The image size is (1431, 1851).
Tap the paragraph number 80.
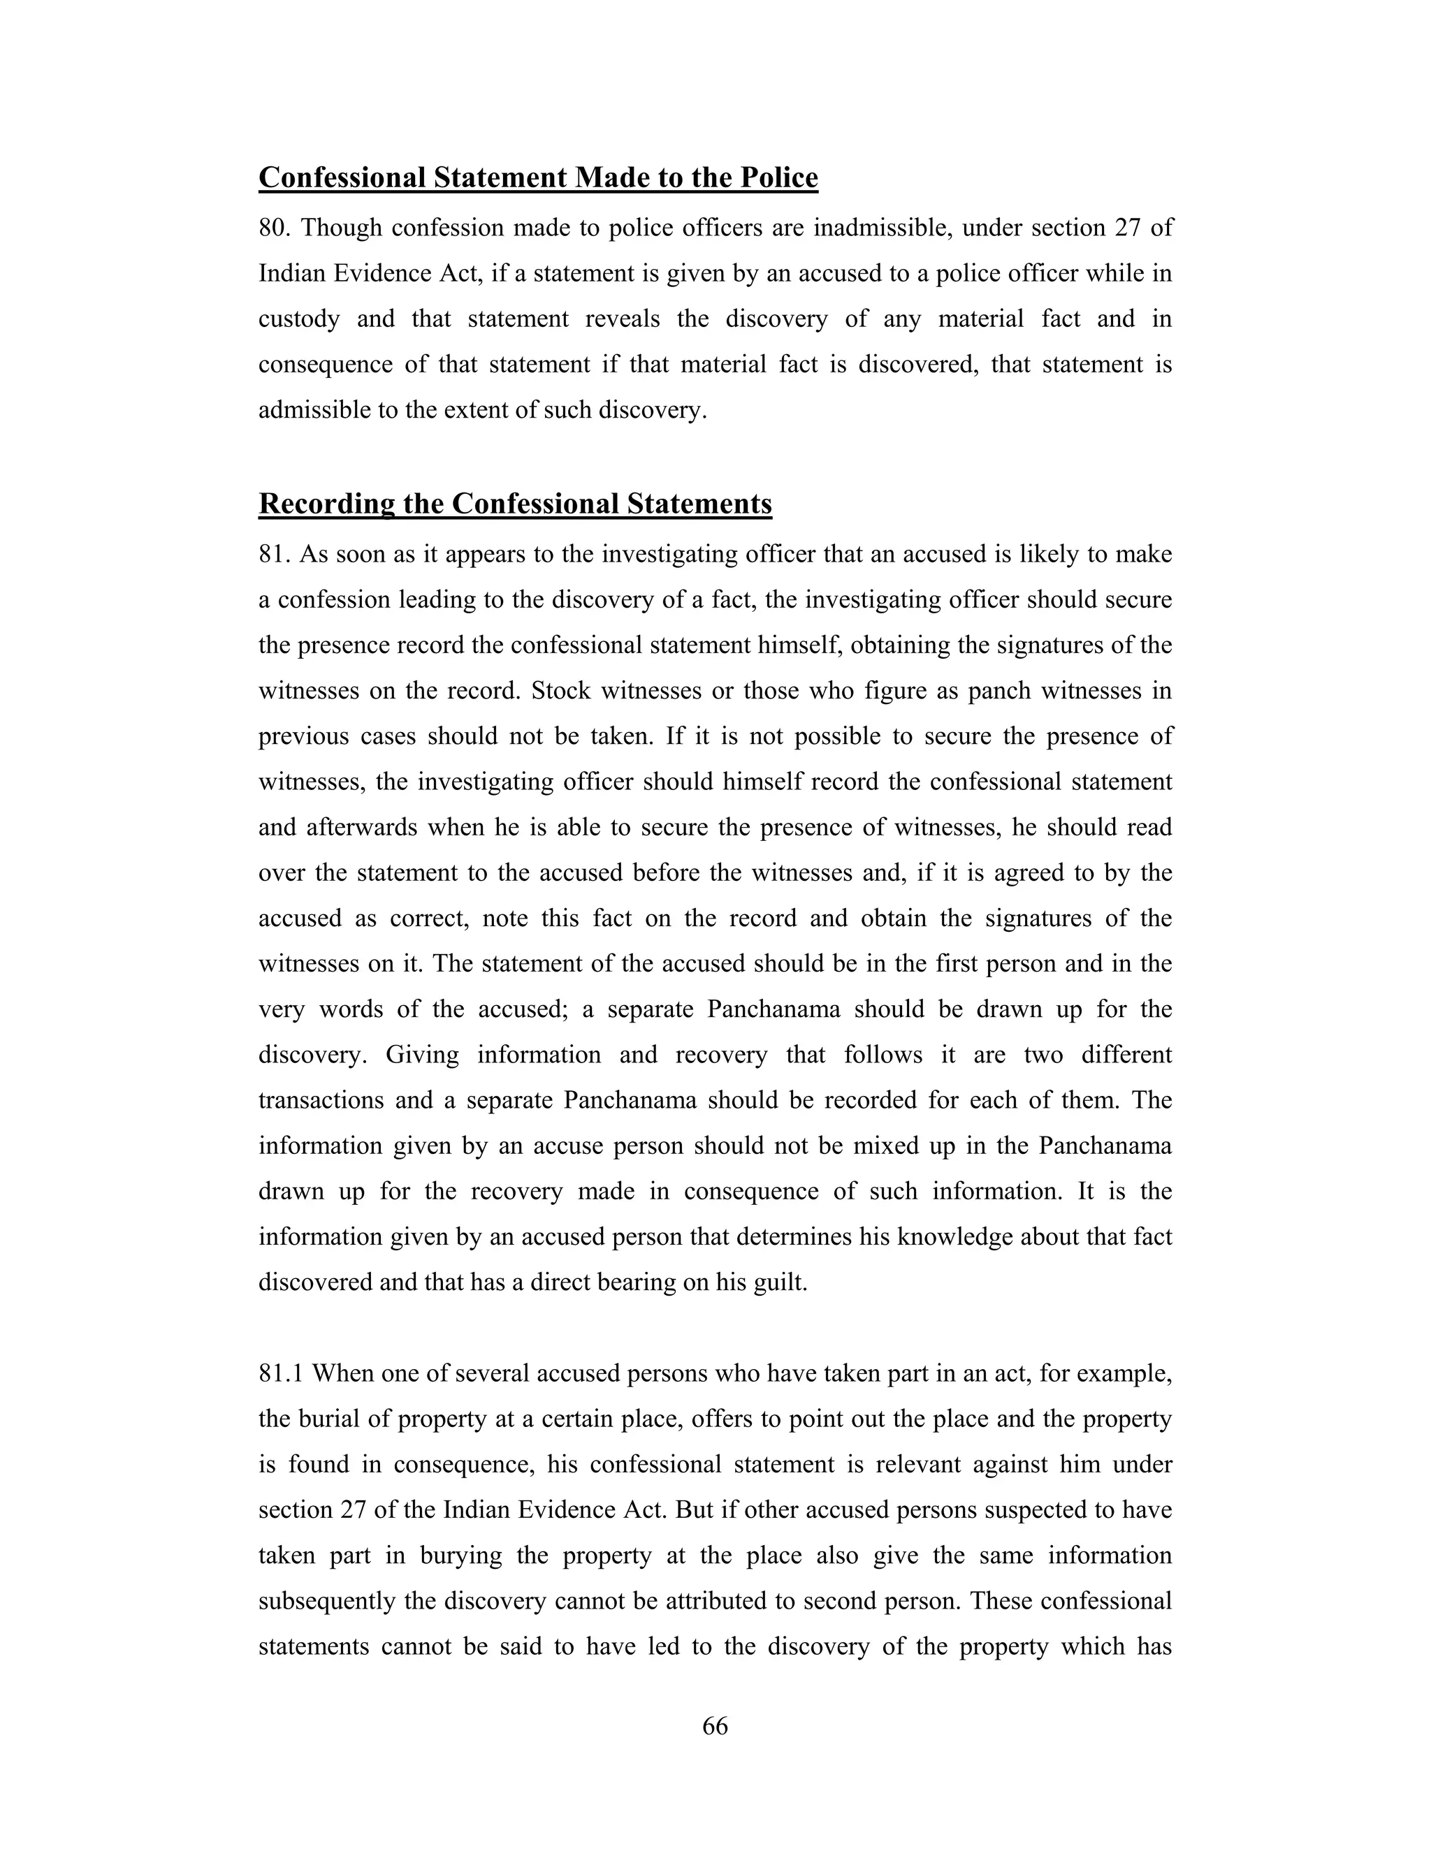click(275, 228)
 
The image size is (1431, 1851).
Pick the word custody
click(298, 319)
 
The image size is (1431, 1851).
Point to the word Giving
click(422, 1055)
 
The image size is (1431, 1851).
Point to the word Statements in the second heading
click(699, 504)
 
